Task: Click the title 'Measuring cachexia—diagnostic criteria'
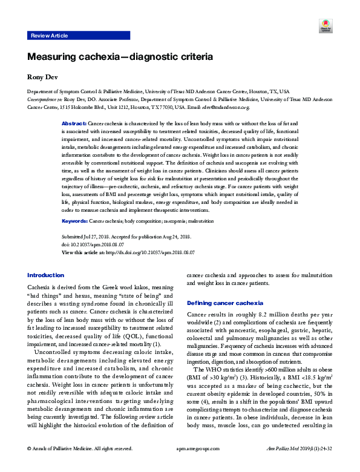[x=120, y=57]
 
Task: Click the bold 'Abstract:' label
[x=74, y=123]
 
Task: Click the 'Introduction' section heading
[x=45, y=275]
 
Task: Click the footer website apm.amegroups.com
[x=180, y=465]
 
